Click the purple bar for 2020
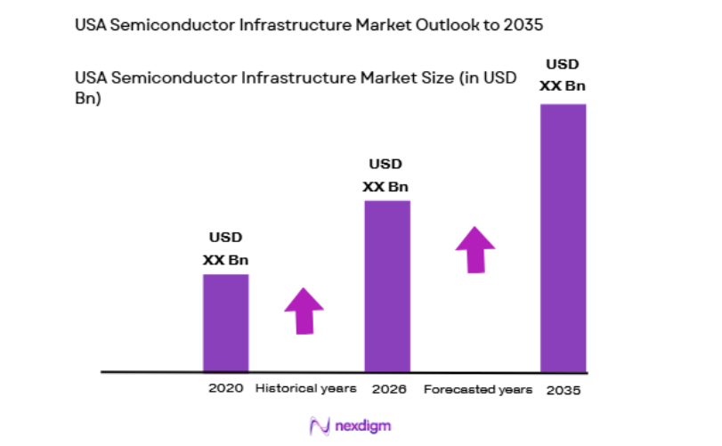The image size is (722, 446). [225, 322]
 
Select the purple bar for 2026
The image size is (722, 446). [387, 286]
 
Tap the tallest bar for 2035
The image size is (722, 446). [564, 237]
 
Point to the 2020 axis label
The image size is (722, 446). [225, 389]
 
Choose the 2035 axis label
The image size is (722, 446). [564, 390]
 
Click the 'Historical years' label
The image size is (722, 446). [305, 389]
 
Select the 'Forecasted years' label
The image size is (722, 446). [477, 390]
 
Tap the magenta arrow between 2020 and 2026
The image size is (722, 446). [304, 311]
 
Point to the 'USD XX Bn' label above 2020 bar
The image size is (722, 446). [225, 249]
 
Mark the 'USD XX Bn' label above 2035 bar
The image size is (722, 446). [563, 76]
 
